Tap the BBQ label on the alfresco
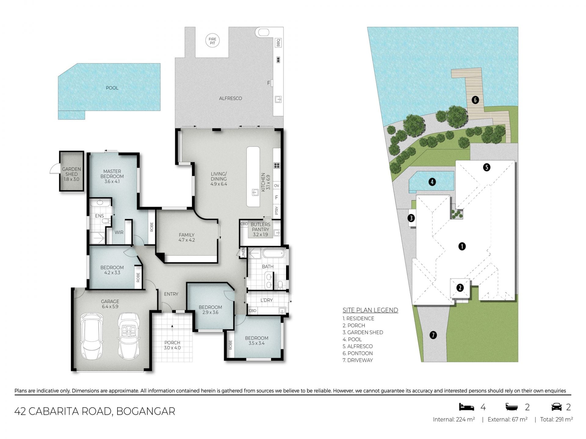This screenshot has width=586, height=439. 278,43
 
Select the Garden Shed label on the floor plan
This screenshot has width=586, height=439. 71,174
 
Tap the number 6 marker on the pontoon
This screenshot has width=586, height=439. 475,100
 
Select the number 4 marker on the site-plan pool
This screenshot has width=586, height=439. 432,182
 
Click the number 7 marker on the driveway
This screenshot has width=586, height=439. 433,335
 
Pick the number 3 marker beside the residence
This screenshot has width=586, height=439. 411,218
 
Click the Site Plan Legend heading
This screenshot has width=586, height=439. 370,310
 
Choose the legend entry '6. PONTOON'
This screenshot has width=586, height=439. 358,353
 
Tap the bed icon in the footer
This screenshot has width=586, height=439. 467,407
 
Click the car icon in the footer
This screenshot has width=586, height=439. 556,407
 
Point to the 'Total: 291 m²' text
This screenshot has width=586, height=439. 556,419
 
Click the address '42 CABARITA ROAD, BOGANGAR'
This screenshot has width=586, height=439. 95,411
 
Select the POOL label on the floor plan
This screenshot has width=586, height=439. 112,88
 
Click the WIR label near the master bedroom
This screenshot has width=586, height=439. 119,232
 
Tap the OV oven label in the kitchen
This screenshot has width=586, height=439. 277,186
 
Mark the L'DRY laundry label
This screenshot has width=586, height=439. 266,300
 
